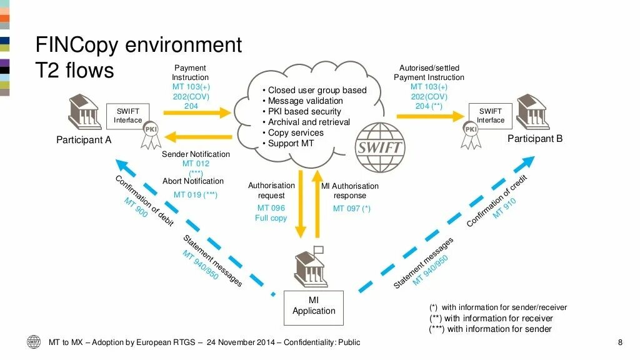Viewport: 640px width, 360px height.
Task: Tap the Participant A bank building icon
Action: point(83,112)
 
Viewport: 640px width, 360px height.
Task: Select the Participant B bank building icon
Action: point(532,112)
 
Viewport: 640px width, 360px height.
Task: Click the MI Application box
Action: point(314,307)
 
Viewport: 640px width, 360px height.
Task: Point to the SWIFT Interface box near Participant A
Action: point(127,116)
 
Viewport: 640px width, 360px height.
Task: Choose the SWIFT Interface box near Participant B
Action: point(491,116)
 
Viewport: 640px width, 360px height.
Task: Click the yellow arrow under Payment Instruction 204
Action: point(197,113)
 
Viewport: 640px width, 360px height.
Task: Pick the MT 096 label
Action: point(271,207)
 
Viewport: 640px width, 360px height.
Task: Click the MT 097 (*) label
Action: point(351,208)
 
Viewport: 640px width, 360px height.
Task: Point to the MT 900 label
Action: point(136,207)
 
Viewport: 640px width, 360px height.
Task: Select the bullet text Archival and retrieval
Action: point(309,122)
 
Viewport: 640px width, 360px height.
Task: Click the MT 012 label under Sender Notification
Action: point(196,164)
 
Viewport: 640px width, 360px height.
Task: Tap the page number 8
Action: point(619,342)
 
